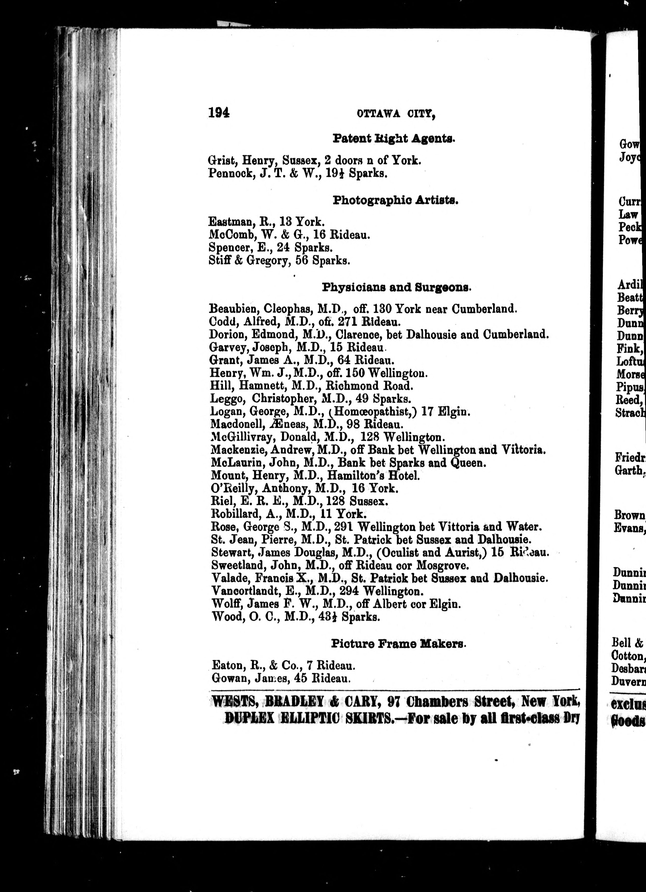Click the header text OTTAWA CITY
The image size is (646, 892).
pyautogui.click(x=396, y=114)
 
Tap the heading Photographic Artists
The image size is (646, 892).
pyautogui.click(x=396, y=200)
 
